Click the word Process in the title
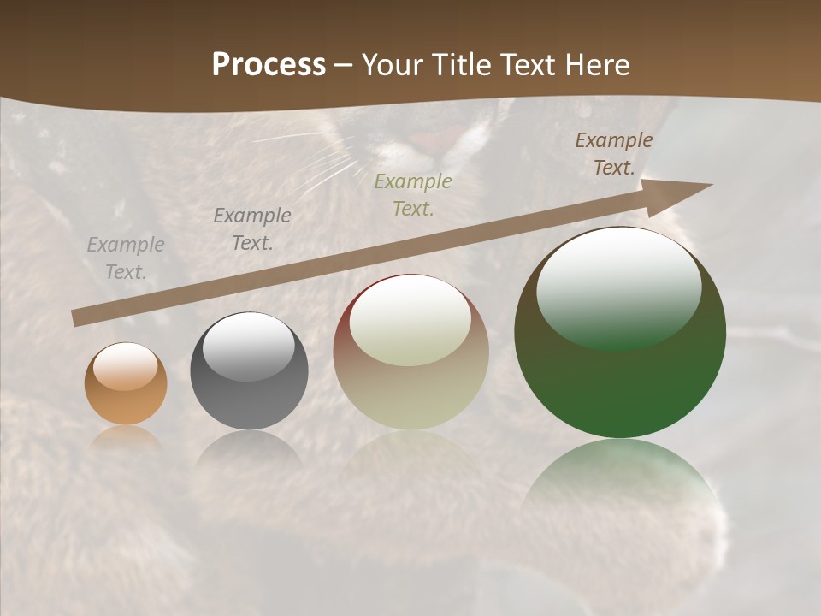coord(269,65)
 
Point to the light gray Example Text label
coord(126,258)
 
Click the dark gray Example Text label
coord(252,229)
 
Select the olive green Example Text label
coord(413,195)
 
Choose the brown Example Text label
coord(614,154)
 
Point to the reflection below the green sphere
coord(620,479)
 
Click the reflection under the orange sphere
coord(126,438)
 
